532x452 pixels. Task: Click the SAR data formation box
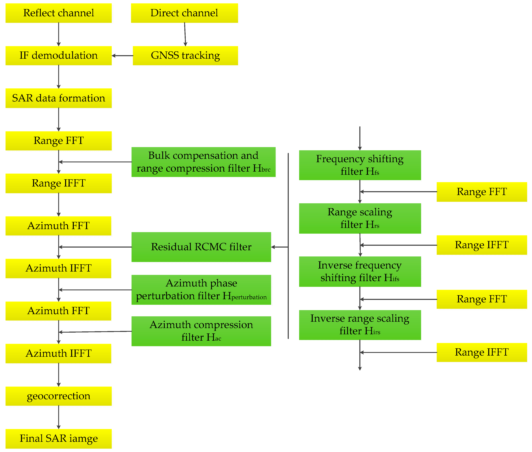pyautogui.click(x=58, y=98)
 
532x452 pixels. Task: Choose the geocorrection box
pyautogui.click(x=58, y=396)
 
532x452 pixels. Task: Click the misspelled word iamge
pyautogui.click(x=84, y=438)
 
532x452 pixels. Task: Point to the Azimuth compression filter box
pyautogui.click(x=201, y=331)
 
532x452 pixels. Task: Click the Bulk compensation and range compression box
pyautogui.click(x=204, y=162)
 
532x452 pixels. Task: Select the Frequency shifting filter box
pyautogui.click(x=360, y=165)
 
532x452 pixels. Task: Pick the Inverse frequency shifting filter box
pyautogui.click(x=360, y=272)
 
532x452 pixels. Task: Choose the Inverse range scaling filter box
pyautogui.click(x=360, y=325)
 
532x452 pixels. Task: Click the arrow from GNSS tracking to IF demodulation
pyautogui.click(x=122, y=56)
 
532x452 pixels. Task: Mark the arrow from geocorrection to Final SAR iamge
pyautogui.click(x=59, y=417)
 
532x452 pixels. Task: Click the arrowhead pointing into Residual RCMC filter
pyautogui.click(x=273, y=247)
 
